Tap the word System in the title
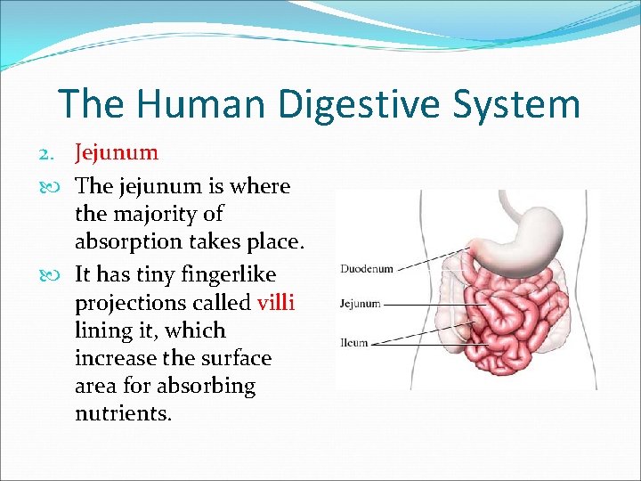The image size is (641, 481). tap(519, 104)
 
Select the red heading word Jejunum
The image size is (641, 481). tap(117, 152)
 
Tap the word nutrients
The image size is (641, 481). tap(123, 413)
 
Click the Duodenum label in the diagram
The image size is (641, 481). tap(366, 268)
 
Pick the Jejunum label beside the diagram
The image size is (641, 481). tap(360, 304)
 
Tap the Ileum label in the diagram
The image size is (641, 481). tap(354, 342)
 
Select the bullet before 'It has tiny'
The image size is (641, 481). tap(60, 275)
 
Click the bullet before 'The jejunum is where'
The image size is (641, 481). tap(60, 187)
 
